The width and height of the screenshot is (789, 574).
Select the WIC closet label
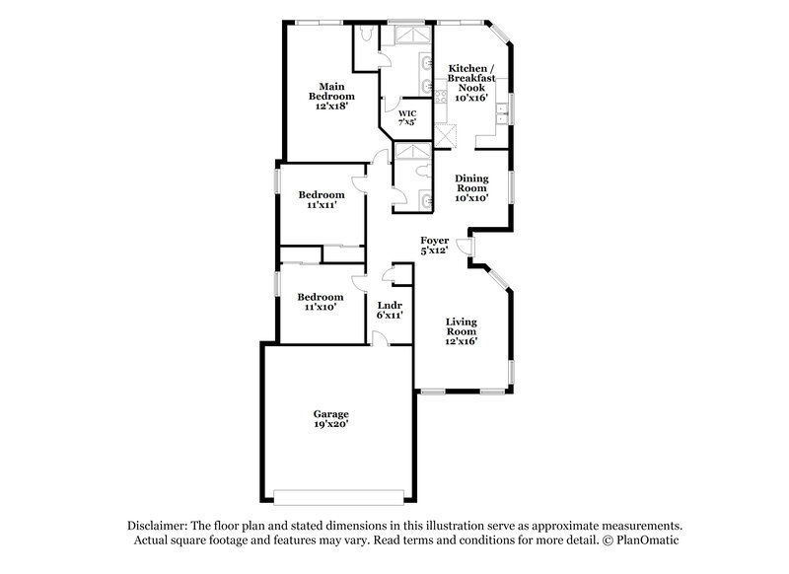coord(407,119)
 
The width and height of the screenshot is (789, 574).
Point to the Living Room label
coord(461,329)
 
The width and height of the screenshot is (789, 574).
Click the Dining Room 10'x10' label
coord(471,187)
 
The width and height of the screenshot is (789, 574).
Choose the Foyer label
coord(435,246)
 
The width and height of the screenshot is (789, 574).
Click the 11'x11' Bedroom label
coord(322,200)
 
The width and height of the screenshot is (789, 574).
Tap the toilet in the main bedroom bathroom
coord(365,36)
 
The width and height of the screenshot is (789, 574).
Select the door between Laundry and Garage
coord(378,340)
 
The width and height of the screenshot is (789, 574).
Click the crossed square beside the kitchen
coord(445,136)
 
